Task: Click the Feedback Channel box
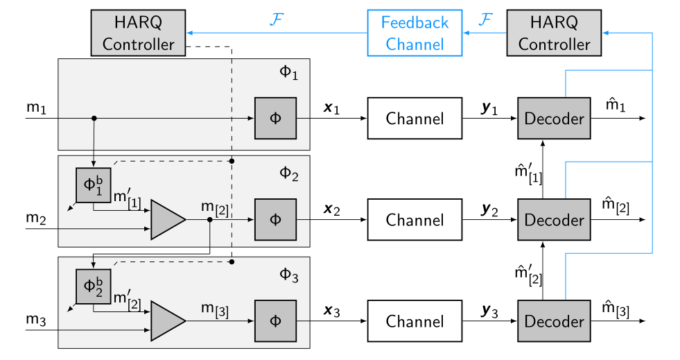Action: point(415,33)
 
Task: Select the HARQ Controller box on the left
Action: point(139,33)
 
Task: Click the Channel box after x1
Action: point(415,119)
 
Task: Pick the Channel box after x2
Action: point(415,220)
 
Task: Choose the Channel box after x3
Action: point(415,321)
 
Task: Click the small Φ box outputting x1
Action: point(275,119)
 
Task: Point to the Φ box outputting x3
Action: point(275,321)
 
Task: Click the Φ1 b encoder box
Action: point(93,185)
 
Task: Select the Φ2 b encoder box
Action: point(93,286)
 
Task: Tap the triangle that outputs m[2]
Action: point(167,220)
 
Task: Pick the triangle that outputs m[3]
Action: point(167,321)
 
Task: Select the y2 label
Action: point(491,208)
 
